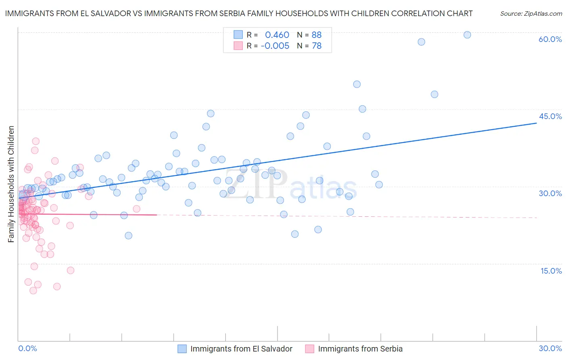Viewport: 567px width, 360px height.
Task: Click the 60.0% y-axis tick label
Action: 550,39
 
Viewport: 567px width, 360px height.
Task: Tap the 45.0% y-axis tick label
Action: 550,116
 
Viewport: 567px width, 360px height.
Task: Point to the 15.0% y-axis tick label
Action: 551,271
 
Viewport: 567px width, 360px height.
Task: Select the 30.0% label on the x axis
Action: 550,348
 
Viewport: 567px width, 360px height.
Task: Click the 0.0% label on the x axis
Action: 27,348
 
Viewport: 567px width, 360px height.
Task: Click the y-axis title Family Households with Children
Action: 11,184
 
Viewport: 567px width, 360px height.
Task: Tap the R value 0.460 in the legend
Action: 277,35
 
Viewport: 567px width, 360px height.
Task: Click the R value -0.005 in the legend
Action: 275,46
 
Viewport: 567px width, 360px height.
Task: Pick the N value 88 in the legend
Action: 317,35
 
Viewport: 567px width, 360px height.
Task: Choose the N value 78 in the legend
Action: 317,46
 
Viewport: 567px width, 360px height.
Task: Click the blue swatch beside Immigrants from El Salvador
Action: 182,349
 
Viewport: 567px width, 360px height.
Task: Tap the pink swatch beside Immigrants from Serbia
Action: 310,349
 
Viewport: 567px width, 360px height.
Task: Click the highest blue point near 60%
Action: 467,35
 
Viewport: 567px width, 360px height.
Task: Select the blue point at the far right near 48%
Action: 434,94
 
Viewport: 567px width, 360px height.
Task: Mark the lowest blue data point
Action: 129,236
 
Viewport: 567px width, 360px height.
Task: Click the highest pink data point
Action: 36,141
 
